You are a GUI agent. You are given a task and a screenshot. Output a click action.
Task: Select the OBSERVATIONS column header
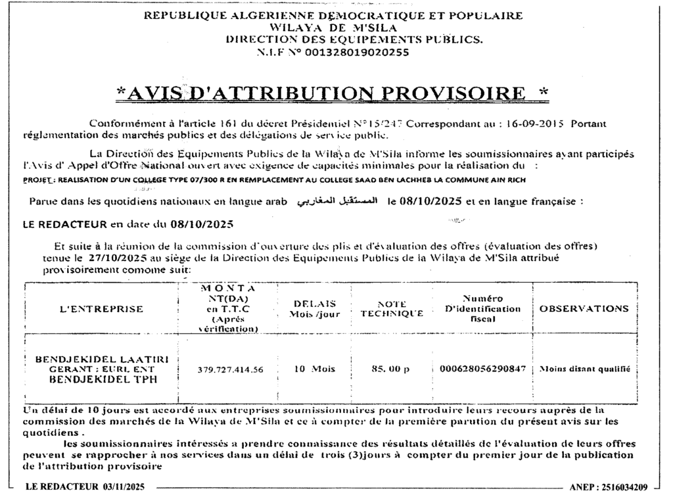pyautogui.click(x=584, y=308)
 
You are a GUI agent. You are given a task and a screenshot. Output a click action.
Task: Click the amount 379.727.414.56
pyautogui.click(x=230, y=369)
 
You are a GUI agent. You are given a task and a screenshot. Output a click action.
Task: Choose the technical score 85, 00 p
pyautogui.click(x=390, y=369)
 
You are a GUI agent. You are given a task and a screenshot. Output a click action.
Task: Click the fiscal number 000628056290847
pyautogui.click(x=482, y=369)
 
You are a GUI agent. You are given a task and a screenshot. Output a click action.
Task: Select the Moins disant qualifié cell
pyautogui.click(x=584, y=369)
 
